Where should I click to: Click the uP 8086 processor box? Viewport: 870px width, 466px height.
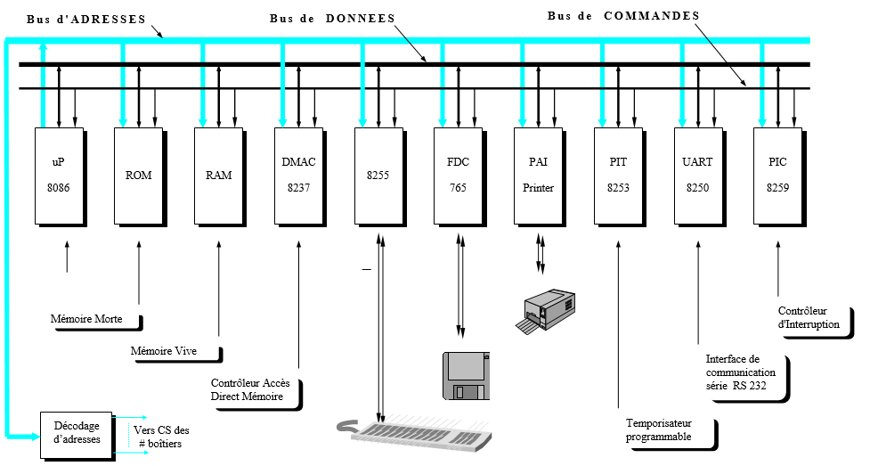[58, 176]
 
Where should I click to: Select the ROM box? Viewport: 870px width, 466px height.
[138, 176]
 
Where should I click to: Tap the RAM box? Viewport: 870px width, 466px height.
[218, 176]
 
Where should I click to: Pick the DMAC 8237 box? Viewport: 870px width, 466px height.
[298, 176]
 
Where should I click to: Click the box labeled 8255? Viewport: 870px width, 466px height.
[378, 176]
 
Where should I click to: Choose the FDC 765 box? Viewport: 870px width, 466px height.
[458, 176]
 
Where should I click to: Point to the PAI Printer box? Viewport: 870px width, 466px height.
[538, 176]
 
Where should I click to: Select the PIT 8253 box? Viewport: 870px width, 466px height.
[617, 176]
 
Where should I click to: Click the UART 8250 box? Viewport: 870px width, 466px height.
[697, 176]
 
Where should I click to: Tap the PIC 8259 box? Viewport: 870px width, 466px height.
[777, 176]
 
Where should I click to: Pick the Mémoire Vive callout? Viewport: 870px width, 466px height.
[172, 351]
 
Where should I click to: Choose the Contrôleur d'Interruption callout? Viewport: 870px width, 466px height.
[810, 318]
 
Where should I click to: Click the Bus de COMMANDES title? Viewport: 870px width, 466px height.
[622, 15]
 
